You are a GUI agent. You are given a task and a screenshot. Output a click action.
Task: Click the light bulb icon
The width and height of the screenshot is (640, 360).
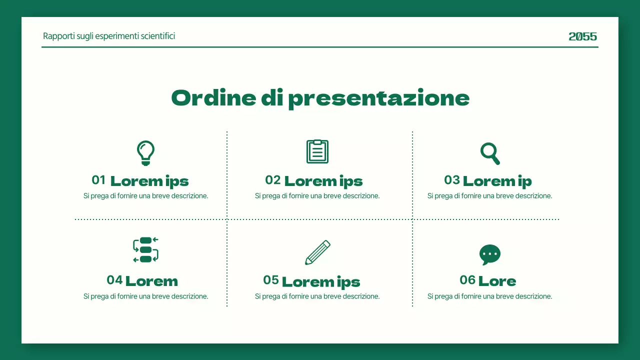[145, 153]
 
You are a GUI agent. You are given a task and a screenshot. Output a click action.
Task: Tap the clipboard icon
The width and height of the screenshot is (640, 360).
[317, 151]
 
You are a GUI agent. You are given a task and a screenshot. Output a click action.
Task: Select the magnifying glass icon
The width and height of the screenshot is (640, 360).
[490, 153]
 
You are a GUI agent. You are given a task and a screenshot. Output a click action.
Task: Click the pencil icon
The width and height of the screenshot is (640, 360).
[318, 252]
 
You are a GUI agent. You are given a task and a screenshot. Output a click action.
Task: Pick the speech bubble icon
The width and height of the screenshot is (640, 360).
[490, 254]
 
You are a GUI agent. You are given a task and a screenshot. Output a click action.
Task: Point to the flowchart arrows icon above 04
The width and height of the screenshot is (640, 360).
[145, 249]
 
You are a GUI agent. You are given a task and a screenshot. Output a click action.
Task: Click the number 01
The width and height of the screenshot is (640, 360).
[98, 180]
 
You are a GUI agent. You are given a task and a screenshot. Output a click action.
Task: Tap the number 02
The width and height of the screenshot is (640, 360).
[272, 180]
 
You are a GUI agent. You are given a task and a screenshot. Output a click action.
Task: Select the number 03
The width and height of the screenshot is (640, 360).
[451, 180]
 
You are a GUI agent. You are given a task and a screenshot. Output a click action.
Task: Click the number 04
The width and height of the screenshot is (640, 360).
[114, 280]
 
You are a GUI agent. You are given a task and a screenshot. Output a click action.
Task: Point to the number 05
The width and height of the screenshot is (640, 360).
[271, 280]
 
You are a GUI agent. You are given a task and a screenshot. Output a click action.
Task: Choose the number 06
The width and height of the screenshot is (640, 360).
[467, 280]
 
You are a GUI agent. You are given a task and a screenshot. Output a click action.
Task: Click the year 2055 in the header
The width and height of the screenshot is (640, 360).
[583, 36]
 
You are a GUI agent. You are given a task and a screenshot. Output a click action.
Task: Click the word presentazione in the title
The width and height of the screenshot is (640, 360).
[379, 98]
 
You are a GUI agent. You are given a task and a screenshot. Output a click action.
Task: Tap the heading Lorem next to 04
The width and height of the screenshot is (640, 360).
[151, 281]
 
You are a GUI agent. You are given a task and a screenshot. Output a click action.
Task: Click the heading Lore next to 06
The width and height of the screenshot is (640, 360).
[497, 281]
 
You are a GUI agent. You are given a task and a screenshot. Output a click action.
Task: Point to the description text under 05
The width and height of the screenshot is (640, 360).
[317, 296]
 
